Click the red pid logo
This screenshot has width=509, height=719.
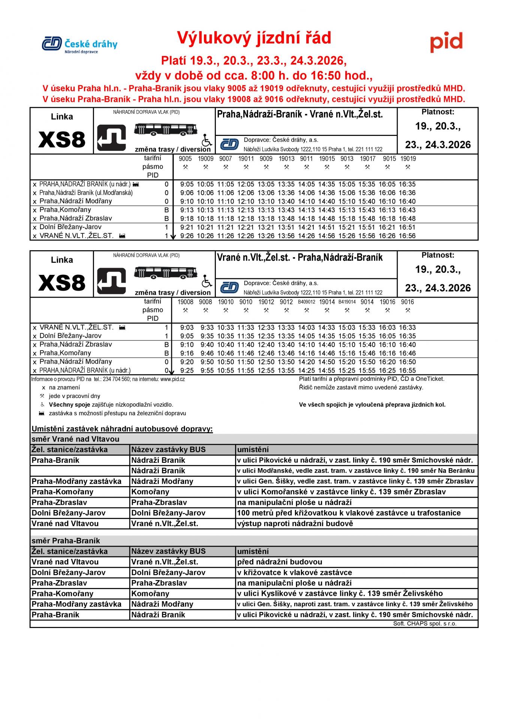446,42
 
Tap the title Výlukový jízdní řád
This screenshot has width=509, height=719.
254,38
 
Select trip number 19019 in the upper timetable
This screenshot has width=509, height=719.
408,159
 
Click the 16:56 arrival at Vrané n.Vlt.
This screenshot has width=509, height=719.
407,236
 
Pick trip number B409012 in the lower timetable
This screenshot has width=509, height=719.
306,302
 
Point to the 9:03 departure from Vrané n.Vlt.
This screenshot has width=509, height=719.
187,327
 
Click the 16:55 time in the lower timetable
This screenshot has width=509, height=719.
407,370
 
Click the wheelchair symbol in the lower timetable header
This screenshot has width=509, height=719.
207,282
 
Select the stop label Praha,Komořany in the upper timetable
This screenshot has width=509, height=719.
65,210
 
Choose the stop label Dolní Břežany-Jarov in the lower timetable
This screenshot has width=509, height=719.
70,336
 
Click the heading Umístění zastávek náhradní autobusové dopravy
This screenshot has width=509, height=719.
122,429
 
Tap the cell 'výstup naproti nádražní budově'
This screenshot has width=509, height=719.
295,524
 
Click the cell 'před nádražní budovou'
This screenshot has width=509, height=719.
280,562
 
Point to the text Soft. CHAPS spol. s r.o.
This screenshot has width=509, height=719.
425,624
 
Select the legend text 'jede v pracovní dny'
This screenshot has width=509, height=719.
74,396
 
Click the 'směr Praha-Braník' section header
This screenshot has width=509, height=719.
66,541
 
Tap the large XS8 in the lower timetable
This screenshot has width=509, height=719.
62,283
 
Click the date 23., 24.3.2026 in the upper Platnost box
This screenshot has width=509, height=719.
438,145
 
